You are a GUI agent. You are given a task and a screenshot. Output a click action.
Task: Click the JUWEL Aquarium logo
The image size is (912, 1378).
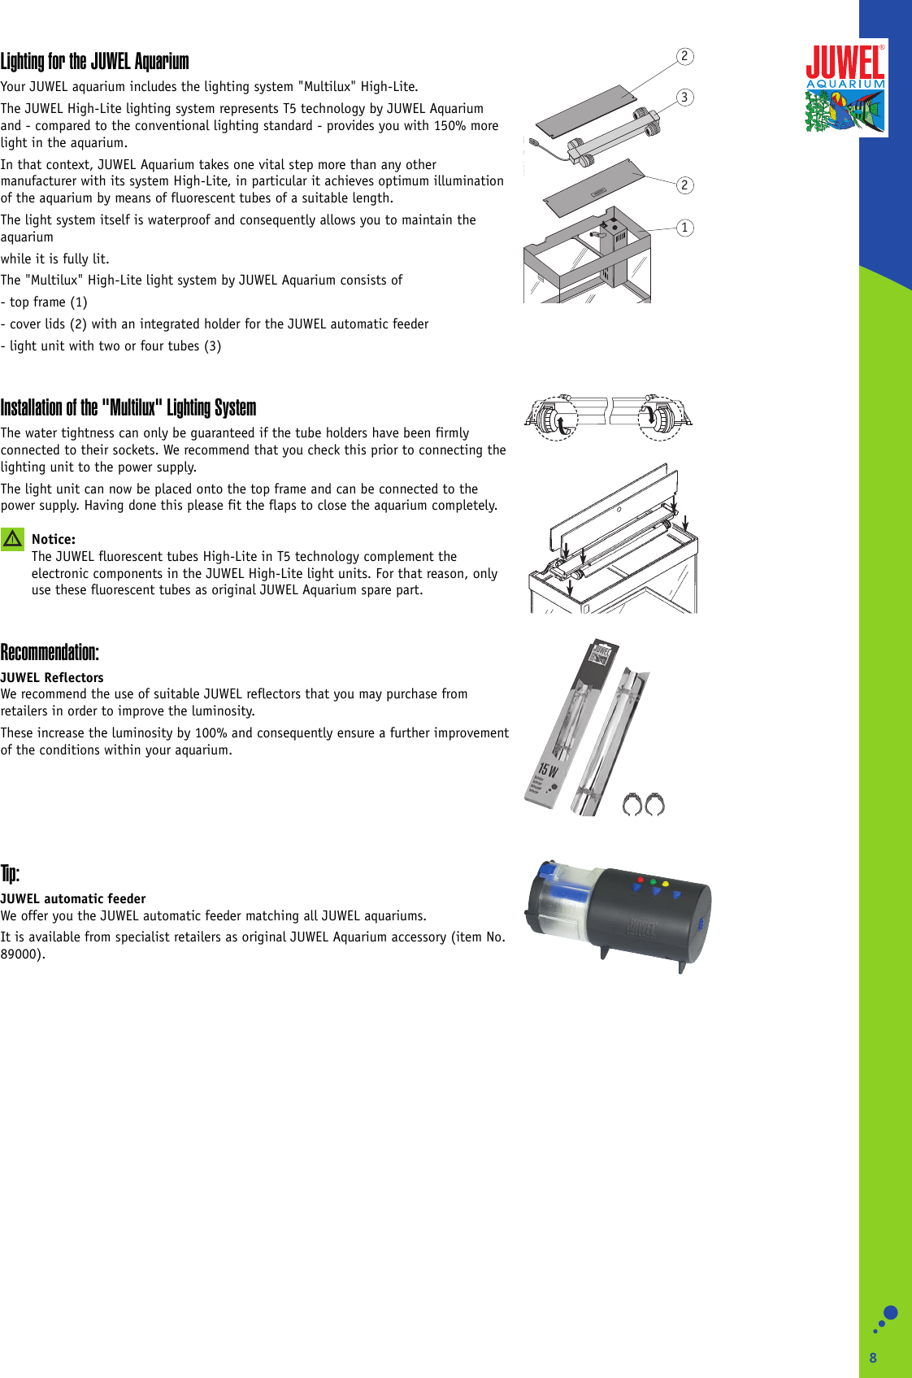[845, 88]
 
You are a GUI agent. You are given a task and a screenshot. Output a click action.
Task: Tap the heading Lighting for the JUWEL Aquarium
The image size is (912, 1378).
[94, 62]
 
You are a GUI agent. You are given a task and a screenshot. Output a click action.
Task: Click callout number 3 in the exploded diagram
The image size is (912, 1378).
[684, 98]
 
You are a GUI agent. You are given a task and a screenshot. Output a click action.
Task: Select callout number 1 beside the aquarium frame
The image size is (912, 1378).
[684, 228]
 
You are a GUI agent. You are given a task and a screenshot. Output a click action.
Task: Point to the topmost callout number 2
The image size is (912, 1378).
[684, 56]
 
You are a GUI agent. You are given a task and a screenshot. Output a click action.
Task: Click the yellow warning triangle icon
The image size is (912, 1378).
[12, 539]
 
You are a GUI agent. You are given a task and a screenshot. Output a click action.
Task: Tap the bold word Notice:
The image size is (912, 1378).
[54, 539]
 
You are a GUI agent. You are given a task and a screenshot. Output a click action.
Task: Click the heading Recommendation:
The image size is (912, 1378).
[50, 653]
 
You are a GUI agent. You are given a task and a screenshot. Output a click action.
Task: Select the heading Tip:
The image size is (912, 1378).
[10, 874]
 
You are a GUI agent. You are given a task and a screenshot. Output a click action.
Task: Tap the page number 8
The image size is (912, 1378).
[873, 1358]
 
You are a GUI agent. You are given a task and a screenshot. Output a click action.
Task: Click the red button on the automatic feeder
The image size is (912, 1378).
[641, 880]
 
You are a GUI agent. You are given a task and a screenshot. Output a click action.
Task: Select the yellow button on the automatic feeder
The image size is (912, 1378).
[666, 884]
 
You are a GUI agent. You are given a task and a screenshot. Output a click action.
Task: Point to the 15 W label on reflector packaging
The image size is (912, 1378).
[548, 769]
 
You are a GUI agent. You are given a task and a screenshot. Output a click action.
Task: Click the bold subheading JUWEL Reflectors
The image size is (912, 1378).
[52, 677]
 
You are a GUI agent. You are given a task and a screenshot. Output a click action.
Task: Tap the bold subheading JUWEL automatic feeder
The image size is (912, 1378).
[73, 898]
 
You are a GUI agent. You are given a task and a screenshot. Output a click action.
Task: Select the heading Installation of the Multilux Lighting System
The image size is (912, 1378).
[128, 407]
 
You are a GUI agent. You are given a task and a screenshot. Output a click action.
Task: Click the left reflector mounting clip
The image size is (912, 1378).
[632, 805]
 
